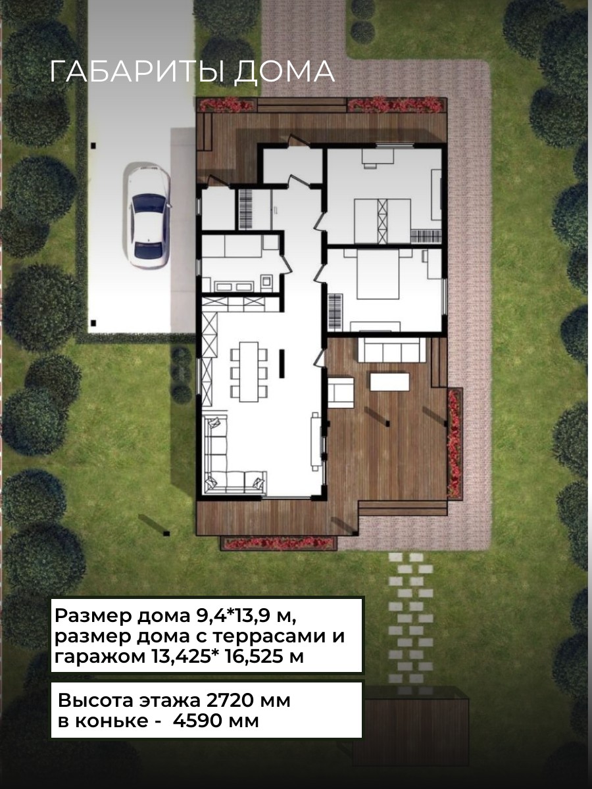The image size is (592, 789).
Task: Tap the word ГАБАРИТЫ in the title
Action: (137, 72)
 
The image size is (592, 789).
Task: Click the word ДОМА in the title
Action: (285, 72)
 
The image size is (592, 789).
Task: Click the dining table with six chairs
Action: (249, 371)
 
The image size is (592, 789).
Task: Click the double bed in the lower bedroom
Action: (378, 274)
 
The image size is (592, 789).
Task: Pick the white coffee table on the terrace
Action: (389, 382)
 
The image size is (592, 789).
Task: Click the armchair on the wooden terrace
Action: (341, 393)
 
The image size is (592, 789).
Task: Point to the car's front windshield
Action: (148, 203)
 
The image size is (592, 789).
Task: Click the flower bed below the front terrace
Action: (278, 544)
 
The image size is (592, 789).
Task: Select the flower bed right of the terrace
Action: (455, 443)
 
